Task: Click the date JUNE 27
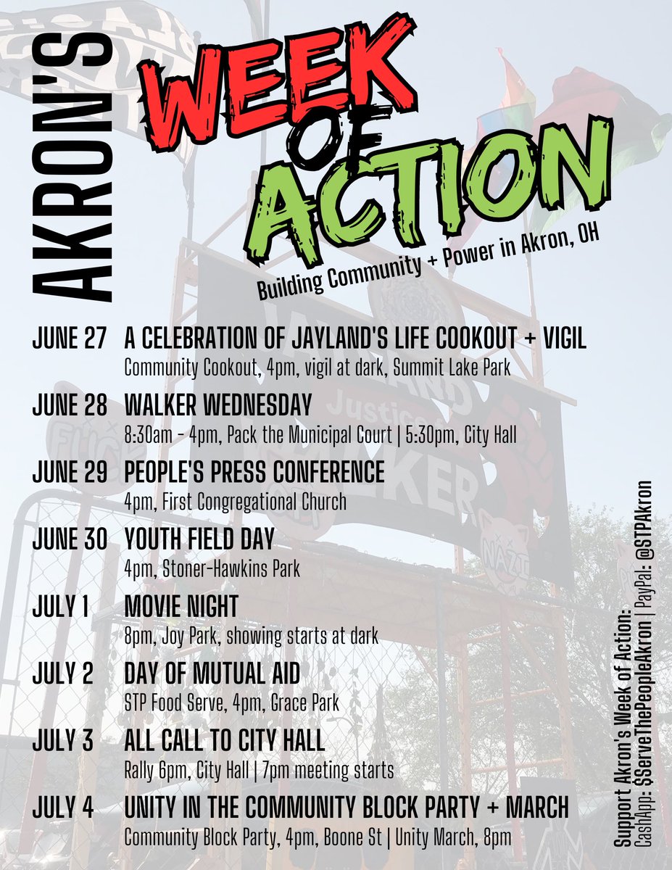(x=69, y=340)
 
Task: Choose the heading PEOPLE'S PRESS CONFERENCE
(x=254, y=472)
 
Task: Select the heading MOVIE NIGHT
(x=181, y=605)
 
